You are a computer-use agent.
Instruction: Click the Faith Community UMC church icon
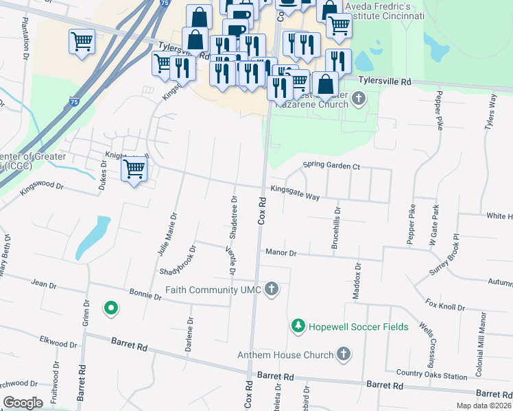click(272, 288)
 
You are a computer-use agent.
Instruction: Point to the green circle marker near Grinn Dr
click(110, 308)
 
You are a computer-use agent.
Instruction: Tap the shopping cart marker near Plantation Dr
click(82, 42)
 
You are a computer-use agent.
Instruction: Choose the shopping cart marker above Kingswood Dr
click(134, 169)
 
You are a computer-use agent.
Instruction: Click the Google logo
click(23, 403)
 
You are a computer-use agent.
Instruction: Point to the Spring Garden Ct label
click(331, 166)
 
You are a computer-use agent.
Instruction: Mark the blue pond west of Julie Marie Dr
click(93, 238)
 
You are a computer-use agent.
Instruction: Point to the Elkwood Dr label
click(58, 340)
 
